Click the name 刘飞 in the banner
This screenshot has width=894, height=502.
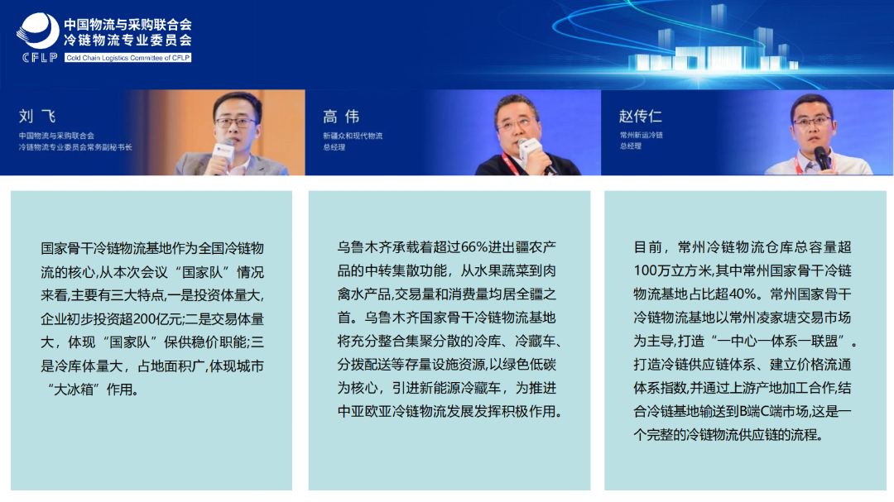coord(37,117)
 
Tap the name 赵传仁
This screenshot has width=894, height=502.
coord(640,117)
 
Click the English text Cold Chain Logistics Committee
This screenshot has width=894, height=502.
coord(128,57)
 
